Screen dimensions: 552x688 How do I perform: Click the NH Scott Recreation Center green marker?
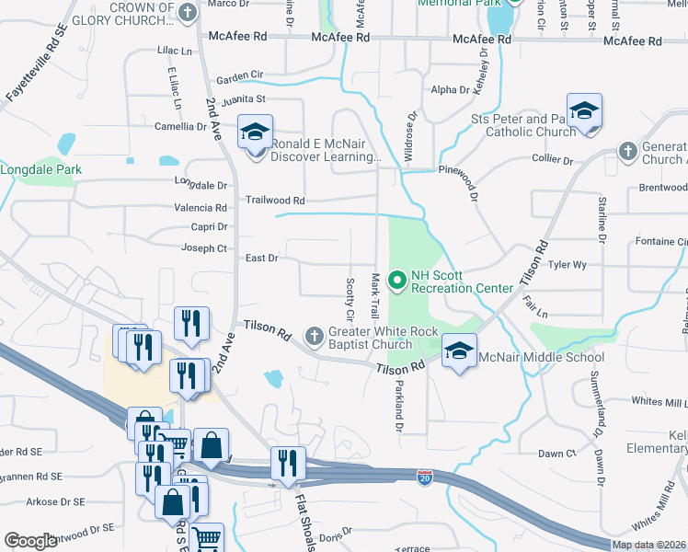coord(398,278)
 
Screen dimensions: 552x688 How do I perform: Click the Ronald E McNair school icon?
coord(256,133)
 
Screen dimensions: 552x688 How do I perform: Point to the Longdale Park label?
coord(41,169)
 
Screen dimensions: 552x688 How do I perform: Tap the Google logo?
coord(30,541)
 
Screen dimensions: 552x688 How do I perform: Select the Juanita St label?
coord(242,98)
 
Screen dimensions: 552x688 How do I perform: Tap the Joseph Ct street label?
coord(203,248)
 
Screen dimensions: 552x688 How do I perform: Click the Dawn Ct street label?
coord(556,454)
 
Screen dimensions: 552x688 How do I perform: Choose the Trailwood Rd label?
coord(274,200)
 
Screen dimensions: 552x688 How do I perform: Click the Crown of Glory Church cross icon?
coord(188,13)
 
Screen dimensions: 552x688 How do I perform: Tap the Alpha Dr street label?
coord(450,90)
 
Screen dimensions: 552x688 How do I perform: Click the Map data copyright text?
coord(649,545)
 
